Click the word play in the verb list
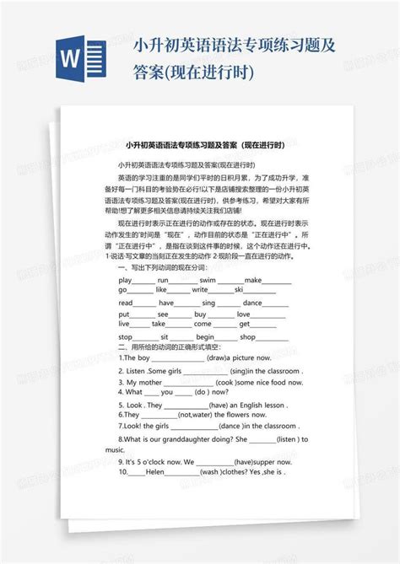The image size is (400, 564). (126, 278)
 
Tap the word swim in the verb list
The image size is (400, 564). (207, 278)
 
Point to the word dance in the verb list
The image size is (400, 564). (252, 301)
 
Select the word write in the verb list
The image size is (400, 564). (199, 289)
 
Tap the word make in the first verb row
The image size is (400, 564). (253, 278)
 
